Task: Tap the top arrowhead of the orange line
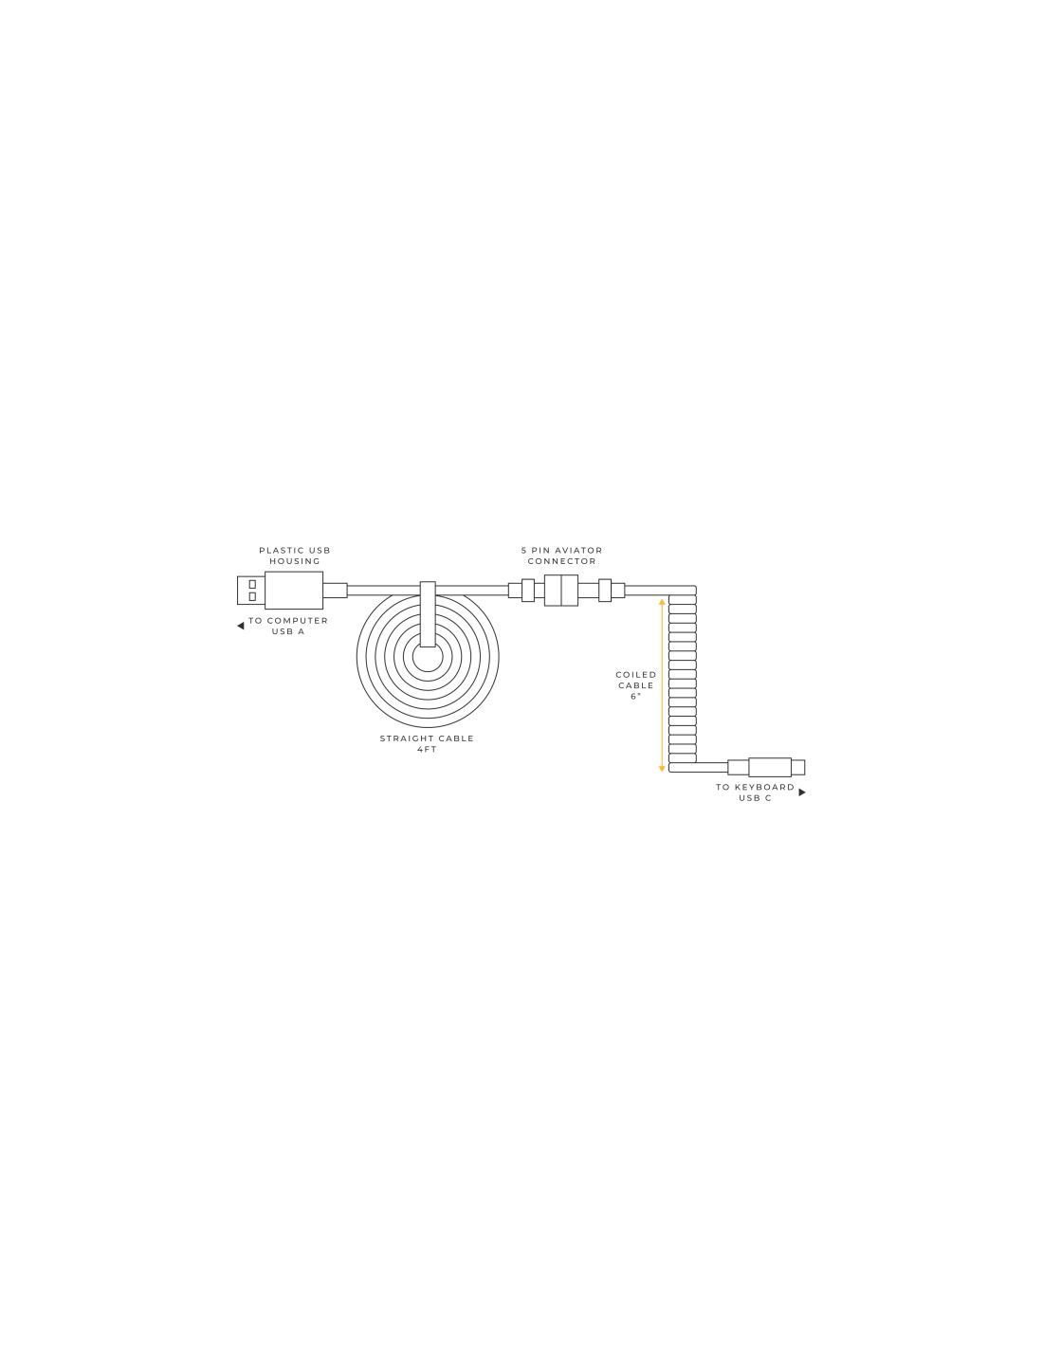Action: (662, 602)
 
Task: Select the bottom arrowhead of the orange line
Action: (661, 768)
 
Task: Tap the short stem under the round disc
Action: (430, 748)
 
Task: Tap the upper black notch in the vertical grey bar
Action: (683, 619)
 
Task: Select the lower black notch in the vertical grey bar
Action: (683, 739)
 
